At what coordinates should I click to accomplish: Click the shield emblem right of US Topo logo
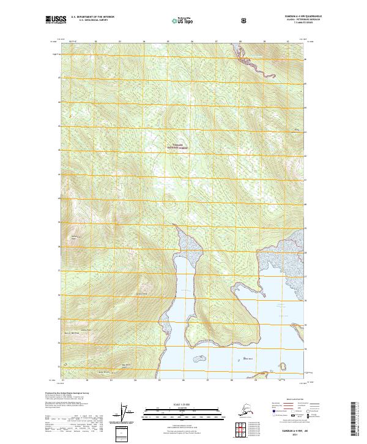click(x=245, y=21)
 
